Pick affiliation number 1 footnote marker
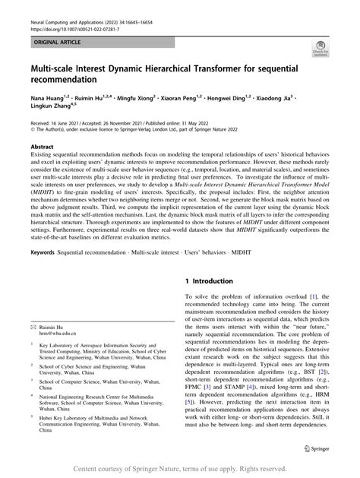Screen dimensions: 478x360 click(32, 343)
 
